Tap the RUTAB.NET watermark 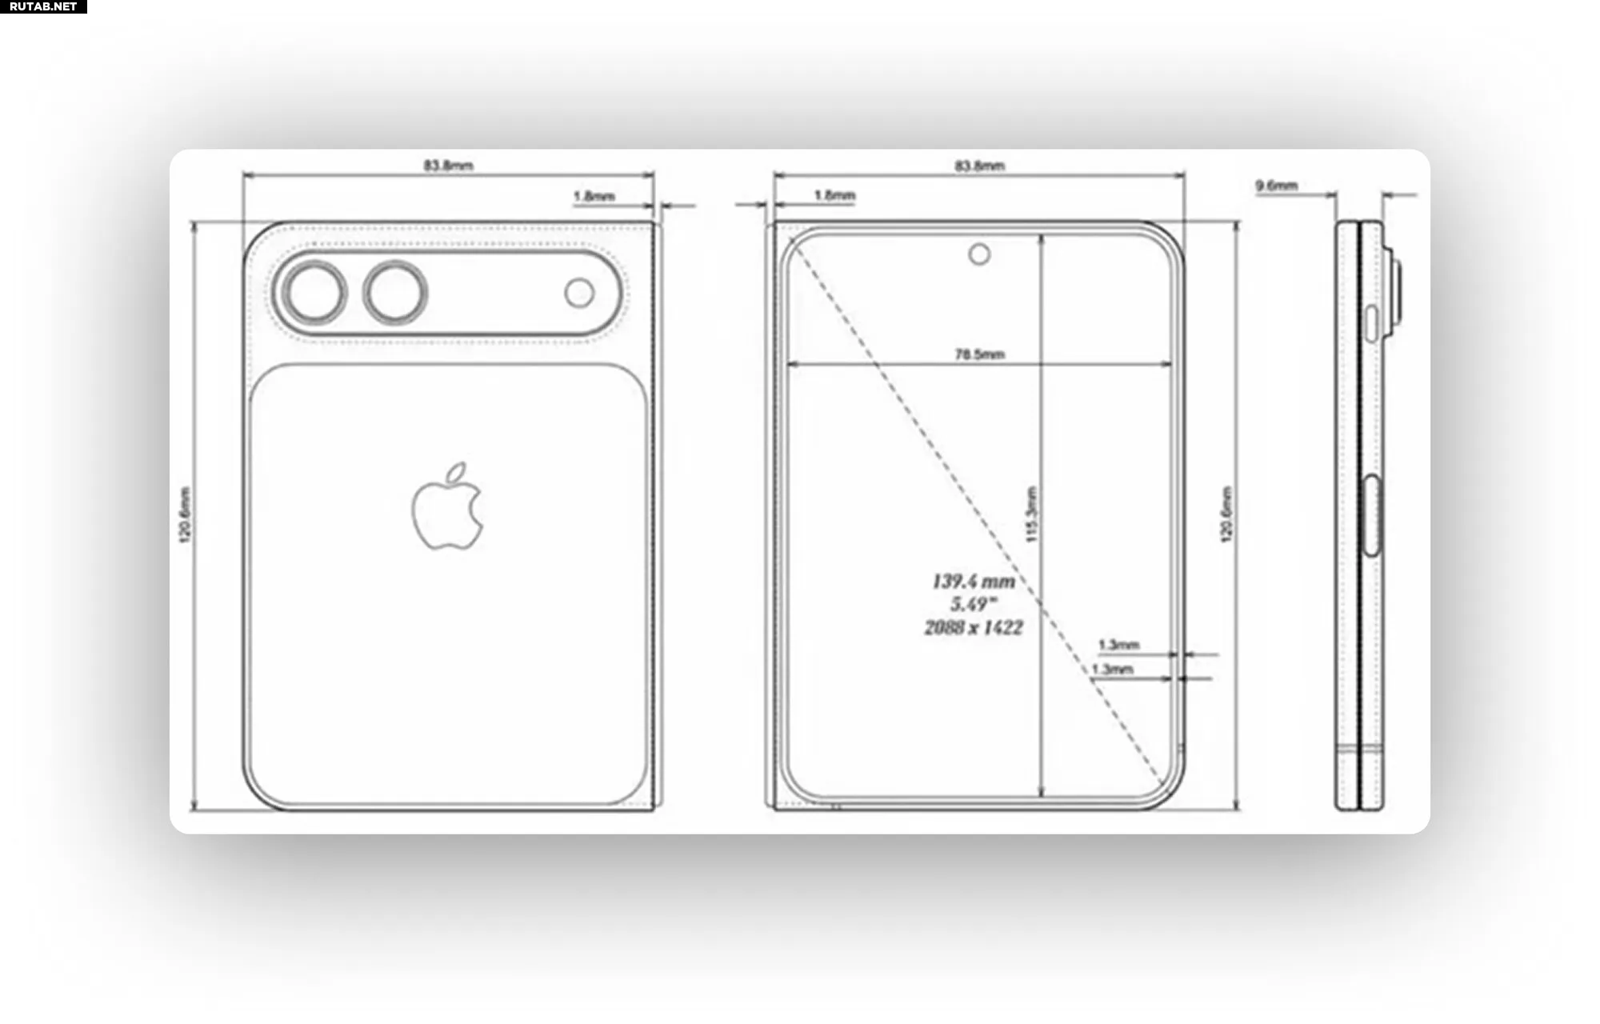(43, 6)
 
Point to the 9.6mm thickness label (1276, 186)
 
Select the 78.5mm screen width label (979, 354)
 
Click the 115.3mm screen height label (1031, 514)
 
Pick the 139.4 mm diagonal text (974, 582)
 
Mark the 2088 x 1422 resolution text (974, 628)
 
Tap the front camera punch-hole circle (979, 254)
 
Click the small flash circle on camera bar (579, 293)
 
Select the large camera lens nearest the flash (395, 293)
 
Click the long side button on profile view (1371, 515)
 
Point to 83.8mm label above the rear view (448, 166)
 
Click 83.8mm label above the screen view (979, 166)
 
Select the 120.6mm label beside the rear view (185, 514)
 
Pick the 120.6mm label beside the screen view (1226, 514)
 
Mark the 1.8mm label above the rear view (594, 196)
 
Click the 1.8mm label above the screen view (834, 195)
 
